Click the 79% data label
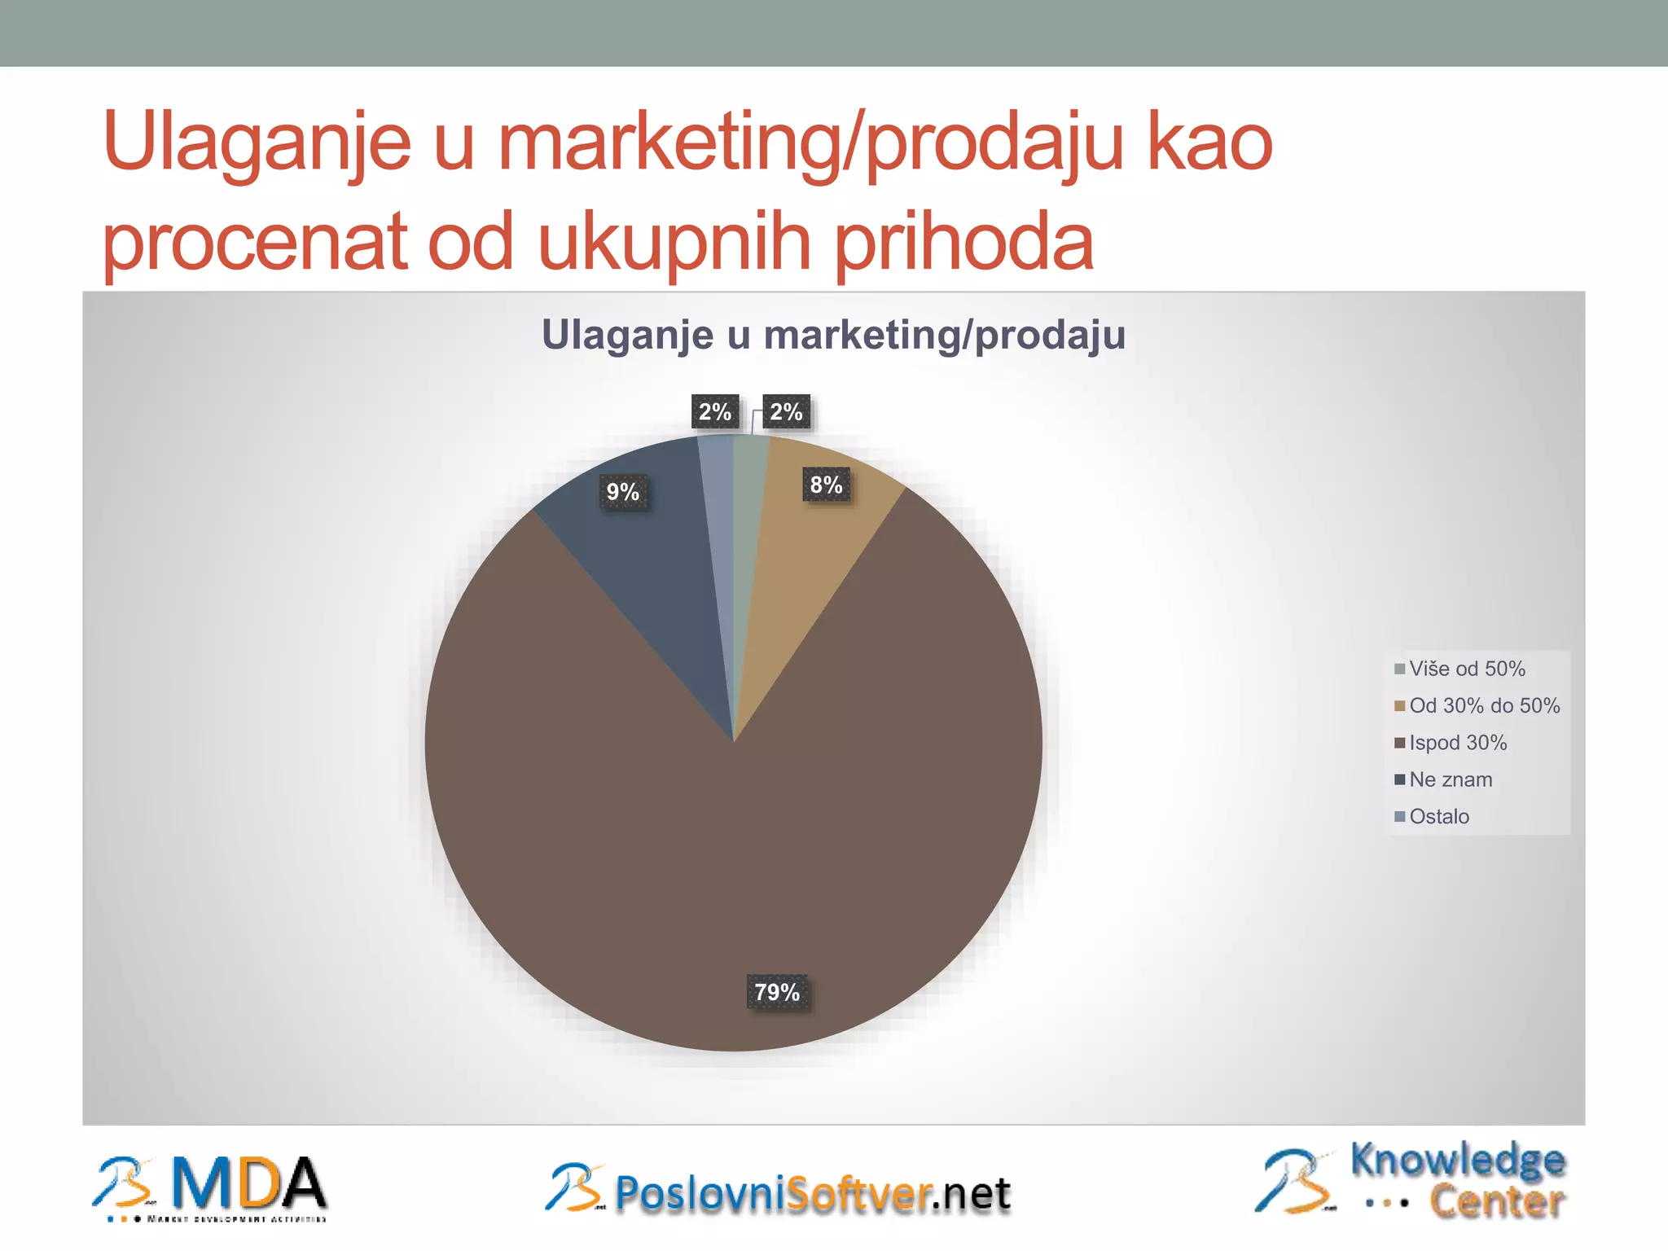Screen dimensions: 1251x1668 click(x=777, y=992)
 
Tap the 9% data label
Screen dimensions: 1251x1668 click(x=623, y=492)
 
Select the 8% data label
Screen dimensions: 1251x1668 click(x=826, y=485)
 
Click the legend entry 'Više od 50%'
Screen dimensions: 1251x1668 click(x=1466, y=669)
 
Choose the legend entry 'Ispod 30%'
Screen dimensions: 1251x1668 click(x=1457, y=743)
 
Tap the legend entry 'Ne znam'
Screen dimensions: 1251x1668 click(x=1450, y=779)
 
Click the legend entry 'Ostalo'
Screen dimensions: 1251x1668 click(x=1438, y=816)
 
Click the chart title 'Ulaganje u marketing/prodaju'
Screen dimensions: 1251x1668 click(x=833, y=335)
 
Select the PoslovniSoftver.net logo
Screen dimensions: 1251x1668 click(x=778, y=1192)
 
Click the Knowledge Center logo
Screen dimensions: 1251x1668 click(x=1411, y=1181)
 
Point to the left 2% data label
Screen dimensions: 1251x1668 click(x=714, y=412)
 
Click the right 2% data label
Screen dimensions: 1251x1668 click(x=786, y=412)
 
